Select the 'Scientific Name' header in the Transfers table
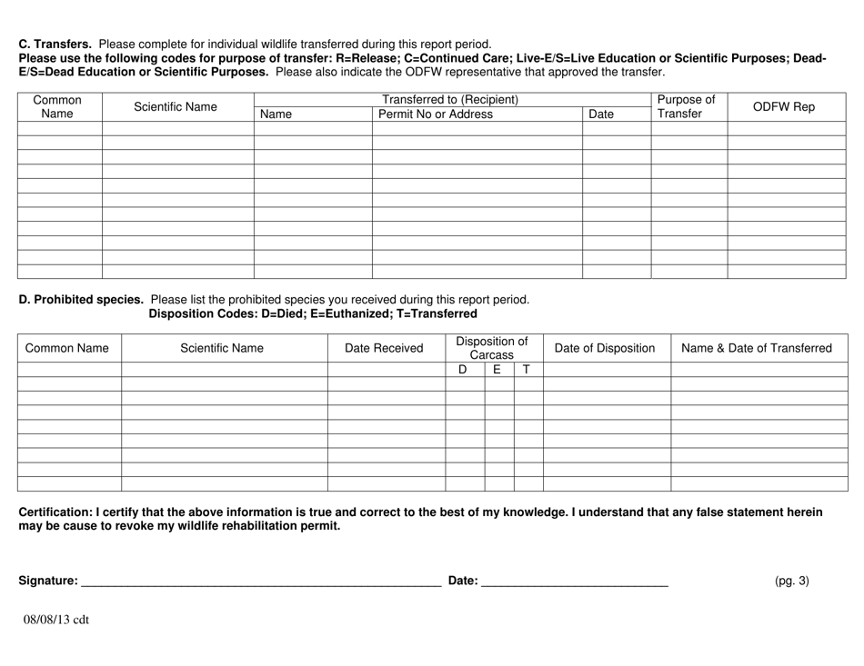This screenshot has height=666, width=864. [x=176, y=107]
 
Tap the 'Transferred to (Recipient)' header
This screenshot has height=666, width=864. [x=450, y=99]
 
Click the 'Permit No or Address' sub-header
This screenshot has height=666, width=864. [x=435, y=114]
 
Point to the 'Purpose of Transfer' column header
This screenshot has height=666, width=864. [x=688, y=107]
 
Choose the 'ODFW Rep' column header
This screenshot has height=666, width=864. [x=784, y=107]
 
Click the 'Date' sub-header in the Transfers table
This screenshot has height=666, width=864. [x=601, y=114]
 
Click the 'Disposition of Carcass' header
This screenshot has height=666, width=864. [x=492, y=348]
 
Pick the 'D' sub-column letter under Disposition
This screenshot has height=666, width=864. [x=462, y=370]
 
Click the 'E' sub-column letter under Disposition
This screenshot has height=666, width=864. [x=497, y=370]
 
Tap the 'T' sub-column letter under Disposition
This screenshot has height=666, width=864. [x=527, y=370]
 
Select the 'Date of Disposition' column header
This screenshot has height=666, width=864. [x=605, y=348]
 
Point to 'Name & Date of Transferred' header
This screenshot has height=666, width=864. [x=757, y=348]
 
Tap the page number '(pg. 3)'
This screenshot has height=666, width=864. [x=791, y=581]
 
